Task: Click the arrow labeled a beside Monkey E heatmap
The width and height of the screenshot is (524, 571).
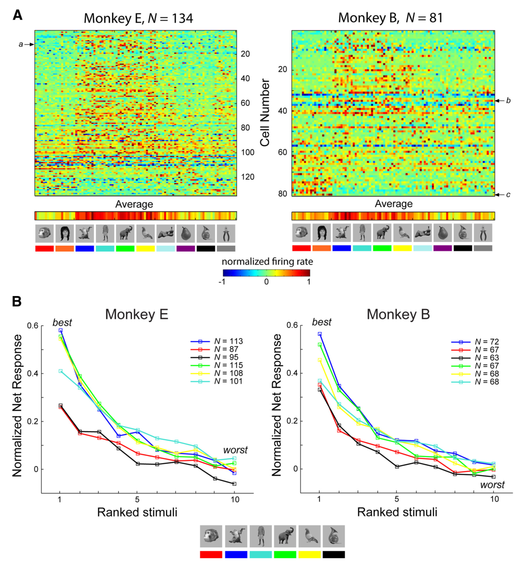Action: (30, 45)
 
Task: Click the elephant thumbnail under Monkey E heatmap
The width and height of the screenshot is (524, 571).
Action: (125, 233)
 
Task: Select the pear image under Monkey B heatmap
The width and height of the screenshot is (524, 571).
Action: (443, 233)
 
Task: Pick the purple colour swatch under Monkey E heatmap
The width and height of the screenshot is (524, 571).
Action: (186, 249)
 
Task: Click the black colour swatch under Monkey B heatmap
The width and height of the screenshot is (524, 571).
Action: (463, 248)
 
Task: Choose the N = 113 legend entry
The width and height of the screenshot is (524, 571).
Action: (216, 341)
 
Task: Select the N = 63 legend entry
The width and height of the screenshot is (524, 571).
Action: (475, 358)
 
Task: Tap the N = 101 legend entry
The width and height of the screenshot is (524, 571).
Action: (216, 381)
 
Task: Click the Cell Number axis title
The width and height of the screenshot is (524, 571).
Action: (265, 113)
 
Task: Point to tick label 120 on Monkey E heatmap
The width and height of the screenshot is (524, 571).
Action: (247, 177)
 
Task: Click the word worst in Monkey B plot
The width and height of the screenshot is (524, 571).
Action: (492, 485)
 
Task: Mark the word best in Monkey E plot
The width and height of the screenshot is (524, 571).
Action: (62, 323)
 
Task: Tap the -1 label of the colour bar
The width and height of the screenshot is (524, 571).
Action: (222, 282)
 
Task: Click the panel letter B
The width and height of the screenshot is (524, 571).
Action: (17, 301)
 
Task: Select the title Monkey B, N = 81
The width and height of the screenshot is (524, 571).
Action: (390, 18)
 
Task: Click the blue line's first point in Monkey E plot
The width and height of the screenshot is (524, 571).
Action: (60, 331)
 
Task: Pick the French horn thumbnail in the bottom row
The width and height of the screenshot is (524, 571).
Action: (334, 536)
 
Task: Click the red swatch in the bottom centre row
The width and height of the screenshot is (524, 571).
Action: (211, 555)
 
